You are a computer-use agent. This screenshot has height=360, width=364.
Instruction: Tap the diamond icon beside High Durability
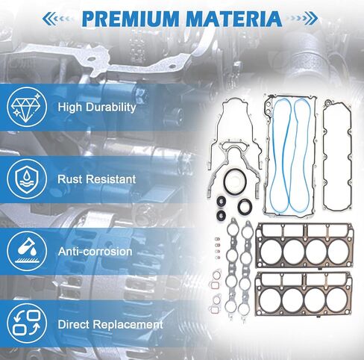tap(27, 107)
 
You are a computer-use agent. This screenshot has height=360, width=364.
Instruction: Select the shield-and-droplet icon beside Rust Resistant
tap(27, 179)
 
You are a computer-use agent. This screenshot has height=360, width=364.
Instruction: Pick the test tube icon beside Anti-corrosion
tap(27, 251)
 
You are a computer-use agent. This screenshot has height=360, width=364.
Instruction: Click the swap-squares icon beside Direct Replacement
tap(27, 323)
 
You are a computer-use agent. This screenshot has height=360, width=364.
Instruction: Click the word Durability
tap(111, 108)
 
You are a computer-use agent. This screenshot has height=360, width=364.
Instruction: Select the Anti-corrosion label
tap(95, 252)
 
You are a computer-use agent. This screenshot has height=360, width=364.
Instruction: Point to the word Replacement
tap(128, 325)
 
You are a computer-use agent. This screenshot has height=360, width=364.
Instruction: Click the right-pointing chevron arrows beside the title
tap(301, 18)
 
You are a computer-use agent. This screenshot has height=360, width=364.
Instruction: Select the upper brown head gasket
tap(305, 246)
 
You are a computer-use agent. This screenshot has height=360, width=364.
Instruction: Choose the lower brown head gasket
tap(304, 294)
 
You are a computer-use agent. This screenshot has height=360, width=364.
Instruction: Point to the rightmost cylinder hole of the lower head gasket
tap(336, 300)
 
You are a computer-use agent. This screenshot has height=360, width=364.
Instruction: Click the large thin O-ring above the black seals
tap(235, 179)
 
